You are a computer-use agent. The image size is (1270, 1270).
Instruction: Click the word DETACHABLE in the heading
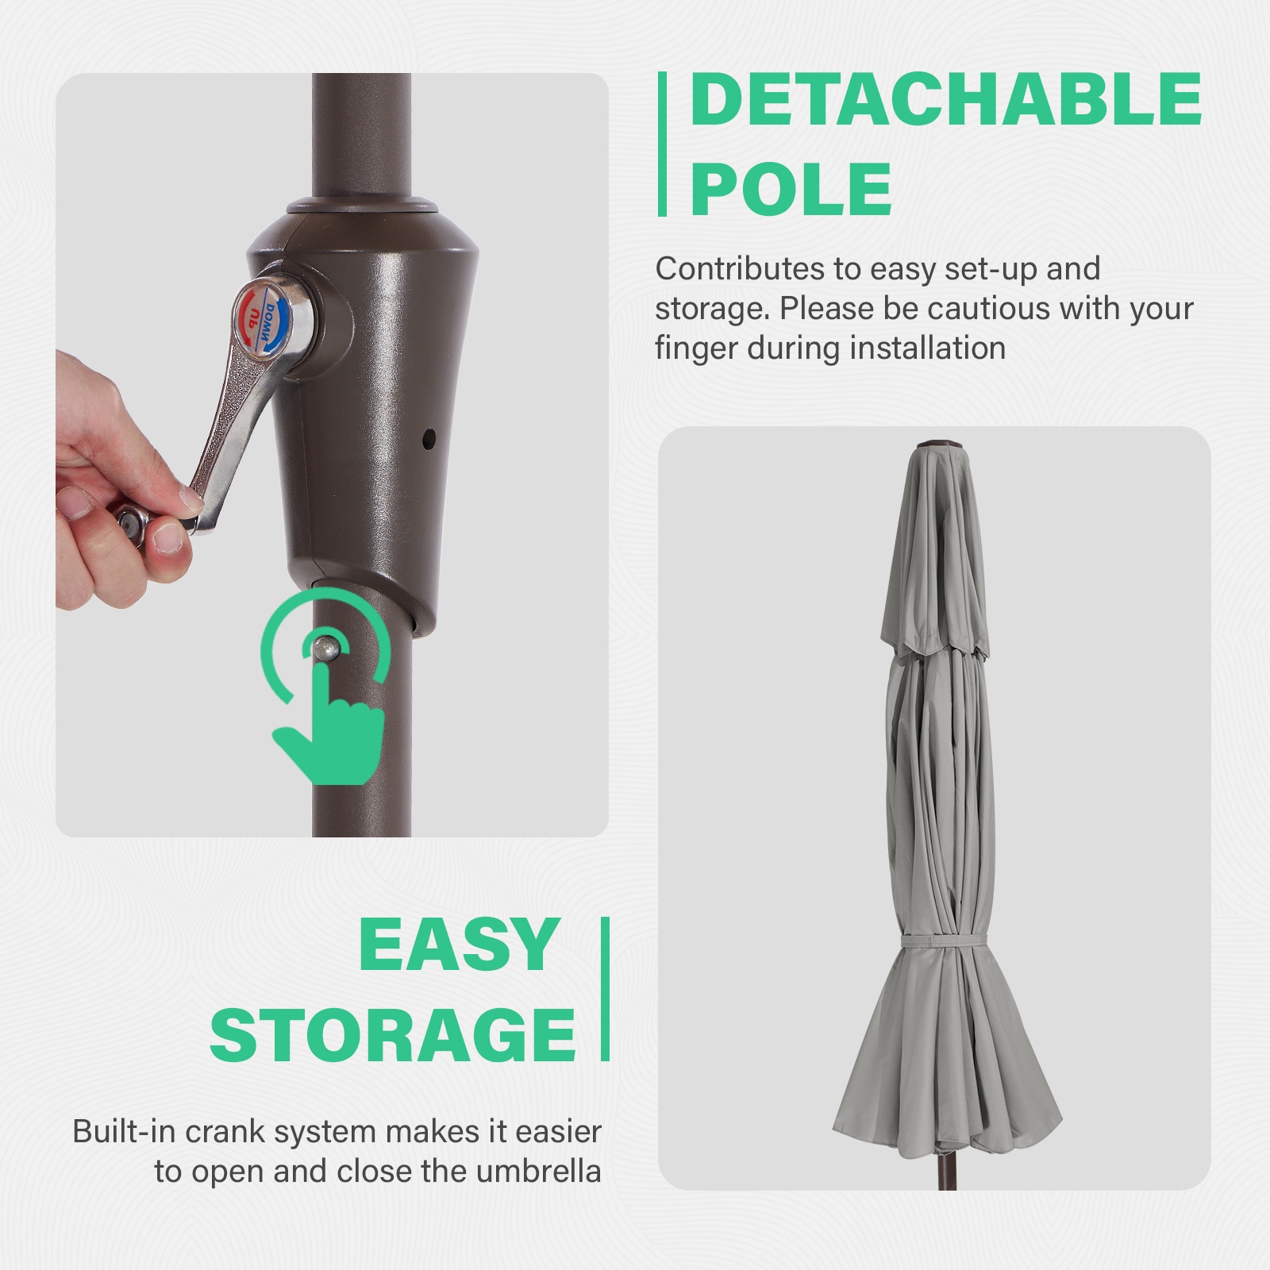pos(945,99)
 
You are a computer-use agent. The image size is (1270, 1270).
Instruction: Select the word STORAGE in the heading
pos(392,1035)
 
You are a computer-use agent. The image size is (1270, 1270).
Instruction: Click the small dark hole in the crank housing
pos(429,437)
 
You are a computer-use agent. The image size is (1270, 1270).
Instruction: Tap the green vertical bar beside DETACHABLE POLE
pos(662,144)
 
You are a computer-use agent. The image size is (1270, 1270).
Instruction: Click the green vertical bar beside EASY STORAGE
pos(605,989)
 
